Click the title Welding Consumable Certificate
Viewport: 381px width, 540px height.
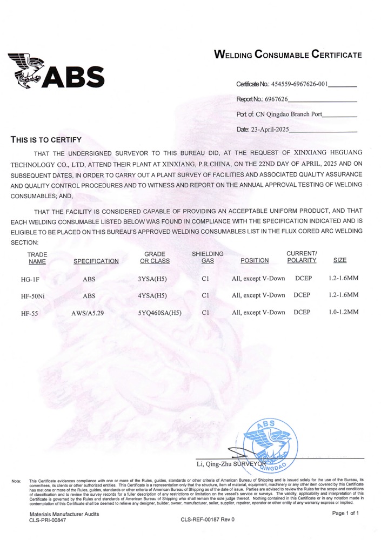pos(288,55)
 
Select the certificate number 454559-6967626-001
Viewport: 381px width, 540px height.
pos(299,84)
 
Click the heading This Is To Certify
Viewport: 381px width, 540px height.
pos(46,140)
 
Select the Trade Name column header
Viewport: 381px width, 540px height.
pos(37,258)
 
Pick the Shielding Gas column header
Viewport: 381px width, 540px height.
pos(208,257)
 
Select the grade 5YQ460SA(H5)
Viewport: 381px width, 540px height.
pos(159,313)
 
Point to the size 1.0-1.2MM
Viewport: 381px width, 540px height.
pos(343,312)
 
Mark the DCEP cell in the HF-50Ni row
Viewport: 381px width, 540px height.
pos(304,295)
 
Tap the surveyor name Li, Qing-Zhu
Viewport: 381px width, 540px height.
pos(215,464)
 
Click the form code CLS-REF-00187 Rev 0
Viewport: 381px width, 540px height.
pos(208,520)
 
